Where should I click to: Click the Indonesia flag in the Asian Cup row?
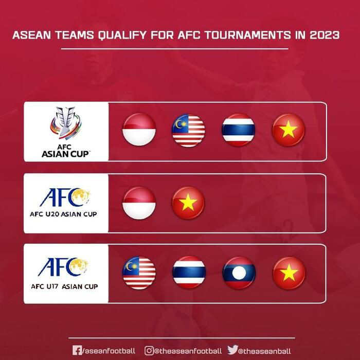pos(139,130)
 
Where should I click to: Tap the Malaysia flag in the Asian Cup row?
pos(188,130)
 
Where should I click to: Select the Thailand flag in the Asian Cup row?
pos(238,130)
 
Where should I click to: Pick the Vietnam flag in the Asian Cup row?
pos(288,130)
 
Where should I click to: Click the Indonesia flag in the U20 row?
pos(139,203)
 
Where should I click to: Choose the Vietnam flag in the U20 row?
pos(188,203)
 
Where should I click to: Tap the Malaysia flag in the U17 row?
pos(139,273)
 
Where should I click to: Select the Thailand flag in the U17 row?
pos(189,273)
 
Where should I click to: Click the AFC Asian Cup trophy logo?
pos(66,126)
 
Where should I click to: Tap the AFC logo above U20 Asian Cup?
pos(65,197)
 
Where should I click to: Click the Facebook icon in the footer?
pos(77,350)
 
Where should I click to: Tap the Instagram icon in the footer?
pos(149,350)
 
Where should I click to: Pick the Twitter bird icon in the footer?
pos(232,350)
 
